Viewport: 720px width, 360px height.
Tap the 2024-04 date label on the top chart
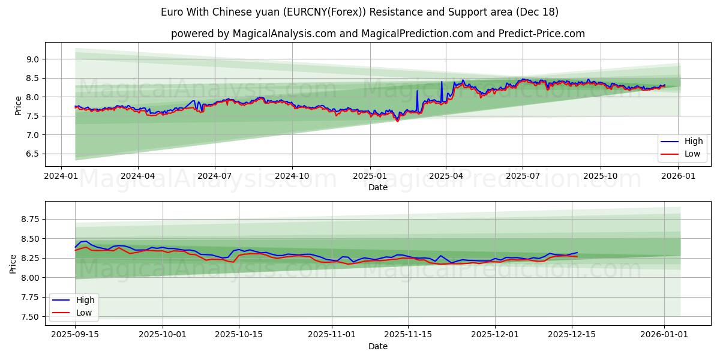pyautogui.click(x=138, y=176)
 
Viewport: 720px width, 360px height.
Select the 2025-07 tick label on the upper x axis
pyautogui.click(x=523, y=176)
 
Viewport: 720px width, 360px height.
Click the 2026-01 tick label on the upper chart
pyautogui.click(x=678, y=176)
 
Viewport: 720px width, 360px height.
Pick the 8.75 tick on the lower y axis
pyautogui.click(x=29, y=220)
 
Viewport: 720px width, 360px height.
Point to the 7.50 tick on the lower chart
pyautogui.click(x=29, y=317)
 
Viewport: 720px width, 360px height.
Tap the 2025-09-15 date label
pyautogui.click(x=75, y=335)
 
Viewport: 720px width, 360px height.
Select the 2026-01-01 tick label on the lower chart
pyautogui.click(x=664, y=335)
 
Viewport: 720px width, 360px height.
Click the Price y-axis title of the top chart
pyautogui.click(x=18, y=106)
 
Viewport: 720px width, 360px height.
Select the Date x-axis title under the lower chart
pyautogui.click(x=378, y=346)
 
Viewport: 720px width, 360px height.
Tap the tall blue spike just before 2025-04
pyautogui.click(x=442, y=82)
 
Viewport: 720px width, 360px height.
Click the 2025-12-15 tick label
pyautogui.click(x=572, y=335)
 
